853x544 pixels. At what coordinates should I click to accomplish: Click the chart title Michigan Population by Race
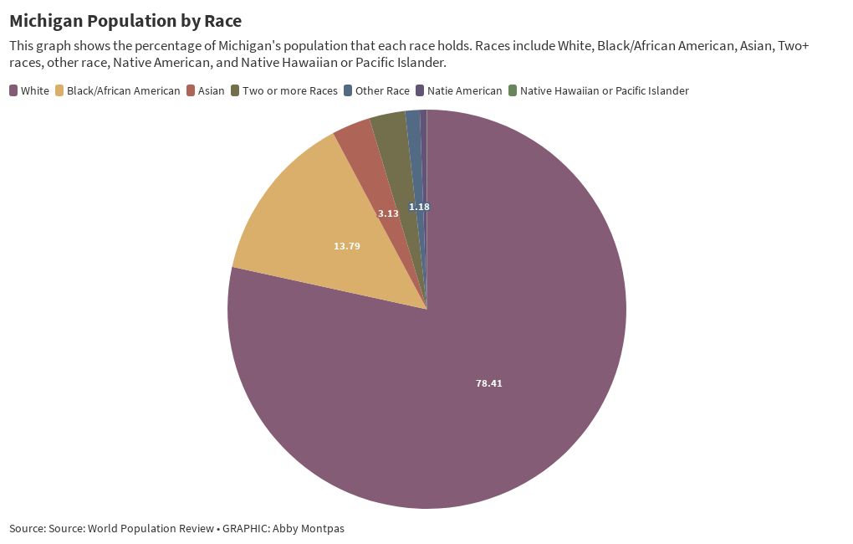pos(125,21)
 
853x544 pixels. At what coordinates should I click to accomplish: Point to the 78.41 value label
pos(489,383)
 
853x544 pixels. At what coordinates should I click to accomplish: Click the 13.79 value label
pos(347,246)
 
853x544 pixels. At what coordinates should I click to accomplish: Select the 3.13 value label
pos(388,213)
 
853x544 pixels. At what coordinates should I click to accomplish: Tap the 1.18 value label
pos(419,207)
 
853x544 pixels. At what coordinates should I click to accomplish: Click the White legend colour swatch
pos(13,90)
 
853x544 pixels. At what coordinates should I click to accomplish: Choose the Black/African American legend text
pos(123,90)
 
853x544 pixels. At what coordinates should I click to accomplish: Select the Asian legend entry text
pos(211,90)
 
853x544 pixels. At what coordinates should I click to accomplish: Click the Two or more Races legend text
pos(289,90)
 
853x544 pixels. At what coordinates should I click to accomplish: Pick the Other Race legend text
pos(382,90)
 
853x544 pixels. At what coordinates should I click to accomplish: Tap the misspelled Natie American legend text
pos(464,90)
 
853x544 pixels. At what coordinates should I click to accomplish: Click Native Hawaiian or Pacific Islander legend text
pos(604,90)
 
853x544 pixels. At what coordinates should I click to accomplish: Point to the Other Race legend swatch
pos(347,90)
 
